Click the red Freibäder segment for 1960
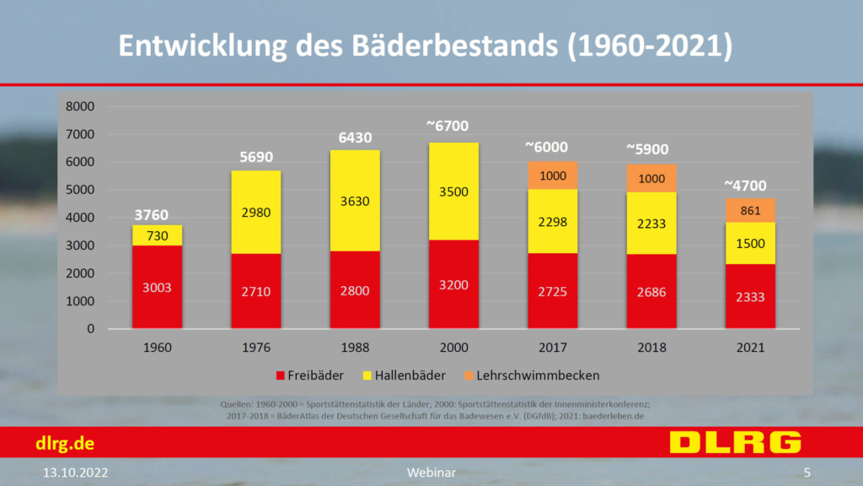(x=157, y=287)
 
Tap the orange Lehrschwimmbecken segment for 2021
(x=750, y=211)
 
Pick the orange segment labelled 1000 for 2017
(x=552, y=175)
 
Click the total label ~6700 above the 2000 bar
(x=453, y=126)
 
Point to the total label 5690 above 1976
(x=256, y=157)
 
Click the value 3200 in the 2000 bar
(x=453, y=286)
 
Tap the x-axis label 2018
(x=651, y=347)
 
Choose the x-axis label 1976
(x=256, y=347)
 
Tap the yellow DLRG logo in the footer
(x=735, y=442)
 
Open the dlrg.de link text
(x=64, y=443)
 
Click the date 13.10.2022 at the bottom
(x=76, y=472)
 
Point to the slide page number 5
(x=807, y=472)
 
